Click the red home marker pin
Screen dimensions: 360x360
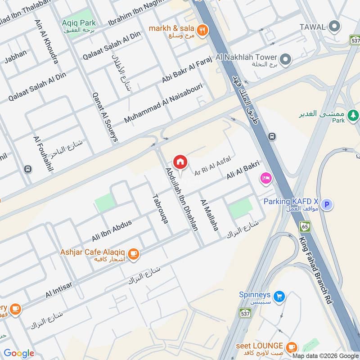pyautogui.click(x=180, y=162)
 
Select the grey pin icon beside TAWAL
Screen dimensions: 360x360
pyautogui.click(x=333, y=26)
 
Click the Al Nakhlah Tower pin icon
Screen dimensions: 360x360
pyautogui.click(x=284, y=59)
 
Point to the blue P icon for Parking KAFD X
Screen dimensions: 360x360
pyautogui.click(x=328, y=205)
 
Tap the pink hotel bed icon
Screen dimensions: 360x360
pyautogui.click(x=265, y=179)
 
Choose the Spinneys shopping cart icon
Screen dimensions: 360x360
pyautogui.click(x=279, y=296)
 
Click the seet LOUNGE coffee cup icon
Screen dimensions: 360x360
pyautogui.click(x=292, y=346)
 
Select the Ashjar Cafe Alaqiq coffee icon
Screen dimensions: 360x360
pyautogui.click(x=133, y=254)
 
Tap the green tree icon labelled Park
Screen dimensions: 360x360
pyautogui.click(x=353, y=115)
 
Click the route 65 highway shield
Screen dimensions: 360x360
pyautogui.click(x=306, y=227)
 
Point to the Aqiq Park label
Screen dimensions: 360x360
pyautogui.click(x=79, y=22)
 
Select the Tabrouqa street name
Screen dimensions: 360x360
pyautogui.click(x=162, y=208)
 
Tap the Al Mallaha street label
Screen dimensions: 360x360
pyautogui.click(x=210, y=215)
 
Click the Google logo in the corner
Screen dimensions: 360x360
pyautogui.click(x=19, y=353)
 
